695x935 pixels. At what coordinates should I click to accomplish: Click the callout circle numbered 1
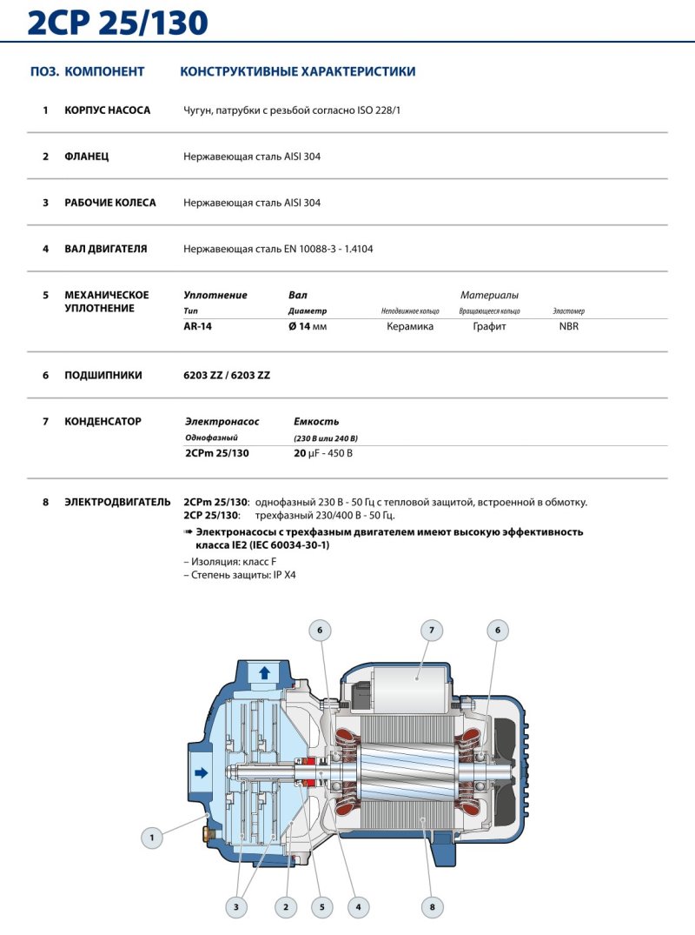pyautogui.click(x=152, y=838)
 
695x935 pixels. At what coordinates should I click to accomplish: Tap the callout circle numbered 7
pyautogui.click(x=431, y=630)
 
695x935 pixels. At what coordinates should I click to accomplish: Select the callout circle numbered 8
pyautogui.click(x=432, y=907)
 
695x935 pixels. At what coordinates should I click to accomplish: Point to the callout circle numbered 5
pyautogui.click(x=321, y=907)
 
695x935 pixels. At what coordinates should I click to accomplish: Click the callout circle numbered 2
pyautogui.click(x=286, y=907)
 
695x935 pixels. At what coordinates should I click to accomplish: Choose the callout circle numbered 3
pyautogui.click(x=235, y=907)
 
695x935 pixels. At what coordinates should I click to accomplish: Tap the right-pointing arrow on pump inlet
pyautogui.click(x=201, y=771)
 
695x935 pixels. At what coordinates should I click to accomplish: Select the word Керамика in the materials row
pyautogui.click(x=410, y=327)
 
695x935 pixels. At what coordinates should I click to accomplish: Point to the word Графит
pyautogui.click(x=489, y=327)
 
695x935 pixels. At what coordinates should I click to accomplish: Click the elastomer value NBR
pyautogui.click(x=569, y=327)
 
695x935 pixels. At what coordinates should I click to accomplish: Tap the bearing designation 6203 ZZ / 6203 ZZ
pyautogui.click(x=227, y=376)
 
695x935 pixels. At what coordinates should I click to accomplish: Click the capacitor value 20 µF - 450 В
pyautogui.click(x=323, y=454)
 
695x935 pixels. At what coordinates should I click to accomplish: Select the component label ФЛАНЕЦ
pyautogui.click(x=87, y=157)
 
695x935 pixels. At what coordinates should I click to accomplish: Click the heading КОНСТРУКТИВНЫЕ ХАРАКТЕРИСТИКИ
pyautogui.click(x=297, y=71)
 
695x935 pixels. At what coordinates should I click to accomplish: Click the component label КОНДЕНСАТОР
pyautogui.click(x=103, y=421)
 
